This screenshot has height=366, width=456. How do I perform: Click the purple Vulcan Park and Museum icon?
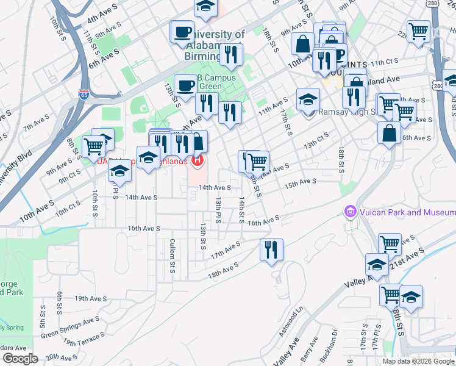pyautogui.click(x=350, y=212)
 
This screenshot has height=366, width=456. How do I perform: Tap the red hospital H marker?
pyautogui.click(x=198, y=161)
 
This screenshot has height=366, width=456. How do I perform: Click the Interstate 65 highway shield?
pyautogui.click(x=84, y=95)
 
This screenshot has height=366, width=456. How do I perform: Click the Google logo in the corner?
pyautogui.click(x=20, y=359)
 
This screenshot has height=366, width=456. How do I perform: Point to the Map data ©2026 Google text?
pyautogui.click(x=419, y=361)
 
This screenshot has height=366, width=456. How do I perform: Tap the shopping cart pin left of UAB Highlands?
pyautogui.click(x=93, y=145)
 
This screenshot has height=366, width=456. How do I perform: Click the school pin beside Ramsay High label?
pyautogui.click(x=308, y=98)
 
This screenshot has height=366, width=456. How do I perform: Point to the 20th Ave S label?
pyautogui.click(x=60, y=357)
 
